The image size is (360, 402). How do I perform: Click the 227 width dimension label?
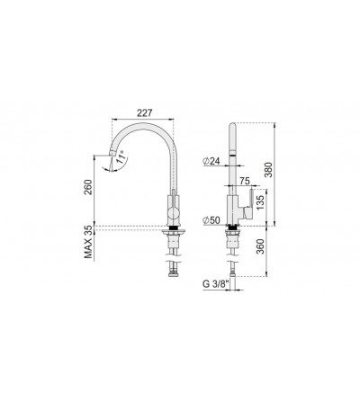145,113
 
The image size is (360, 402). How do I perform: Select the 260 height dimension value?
88,187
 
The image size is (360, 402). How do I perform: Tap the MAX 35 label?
88,242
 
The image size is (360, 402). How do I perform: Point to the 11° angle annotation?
121,158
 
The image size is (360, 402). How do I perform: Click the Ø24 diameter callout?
211,161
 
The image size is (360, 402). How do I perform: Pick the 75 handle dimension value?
245,181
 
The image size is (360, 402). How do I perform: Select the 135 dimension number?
260,202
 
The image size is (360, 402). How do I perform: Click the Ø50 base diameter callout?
211,220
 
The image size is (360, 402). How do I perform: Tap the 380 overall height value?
269,170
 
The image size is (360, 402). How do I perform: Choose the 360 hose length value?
260,246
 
